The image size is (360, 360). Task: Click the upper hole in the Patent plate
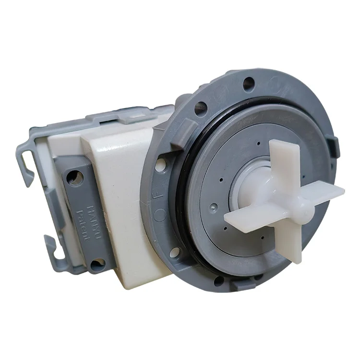(x=74, y=178)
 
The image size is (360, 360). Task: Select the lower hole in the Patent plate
(x=98, y=263)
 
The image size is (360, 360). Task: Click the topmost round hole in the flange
(x=248, y=84)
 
